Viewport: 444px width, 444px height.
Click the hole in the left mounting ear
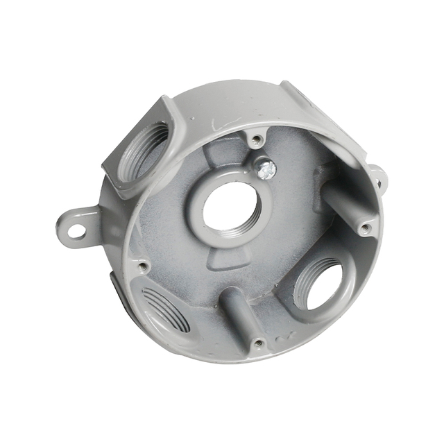pos(77,226)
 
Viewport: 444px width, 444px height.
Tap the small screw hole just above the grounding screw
pos(257,139)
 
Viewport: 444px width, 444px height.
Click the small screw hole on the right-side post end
pos(366,227)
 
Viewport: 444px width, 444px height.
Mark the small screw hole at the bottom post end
pos(258,342)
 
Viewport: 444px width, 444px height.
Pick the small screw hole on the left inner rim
pos(142,264)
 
